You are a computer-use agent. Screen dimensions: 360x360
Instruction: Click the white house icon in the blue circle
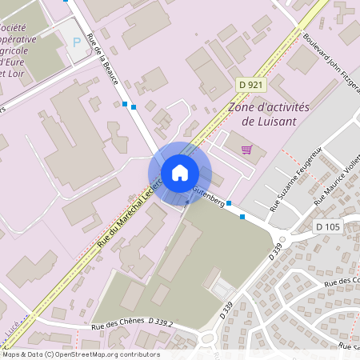pos(179,173)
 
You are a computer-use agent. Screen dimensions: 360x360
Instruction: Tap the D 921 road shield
pos(250,84)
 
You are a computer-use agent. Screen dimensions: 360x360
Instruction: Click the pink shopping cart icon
pos(246,149)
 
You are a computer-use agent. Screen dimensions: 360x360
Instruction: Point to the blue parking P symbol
pos(77,42)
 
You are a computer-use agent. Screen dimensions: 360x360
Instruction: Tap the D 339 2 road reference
pos(161,321)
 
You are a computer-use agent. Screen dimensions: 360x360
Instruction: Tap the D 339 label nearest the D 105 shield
pos(276,252)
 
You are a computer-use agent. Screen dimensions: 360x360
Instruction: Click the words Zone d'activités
pos(269,107)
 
